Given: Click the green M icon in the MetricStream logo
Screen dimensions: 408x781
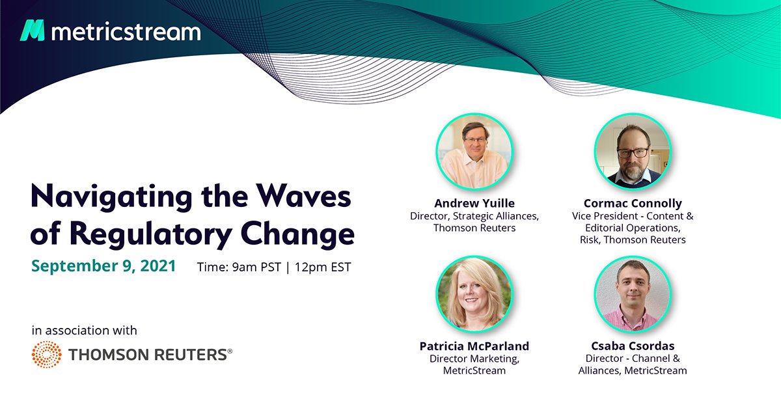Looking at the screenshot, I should click(33, 31).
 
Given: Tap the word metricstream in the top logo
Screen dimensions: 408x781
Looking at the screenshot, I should click(126, 31).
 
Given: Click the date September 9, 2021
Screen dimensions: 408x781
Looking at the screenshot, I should click(103, 266).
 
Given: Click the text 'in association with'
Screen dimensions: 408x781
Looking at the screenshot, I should click(84, 331).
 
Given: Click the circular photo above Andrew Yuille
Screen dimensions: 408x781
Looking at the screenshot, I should click(474, 151).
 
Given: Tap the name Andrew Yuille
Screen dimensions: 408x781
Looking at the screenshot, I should click(474, 203).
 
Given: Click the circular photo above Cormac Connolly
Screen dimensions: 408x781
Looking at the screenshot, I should click(633, 151).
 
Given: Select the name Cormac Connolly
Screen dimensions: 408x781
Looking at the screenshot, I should click(633, 203).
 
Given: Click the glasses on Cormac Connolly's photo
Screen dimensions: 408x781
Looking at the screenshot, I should click(632, 152).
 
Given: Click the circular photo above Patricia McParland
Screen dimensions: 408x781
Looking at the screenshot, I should click(474, 293).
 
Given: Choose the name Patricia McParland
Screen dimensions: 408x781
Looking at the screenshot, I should click(474, 346).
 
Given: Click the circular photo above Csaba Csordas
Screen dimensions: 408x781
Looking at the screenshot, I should click(633, 293).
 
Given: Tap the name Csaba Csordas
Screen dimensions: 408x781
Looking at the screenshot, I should click(633, 346).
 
